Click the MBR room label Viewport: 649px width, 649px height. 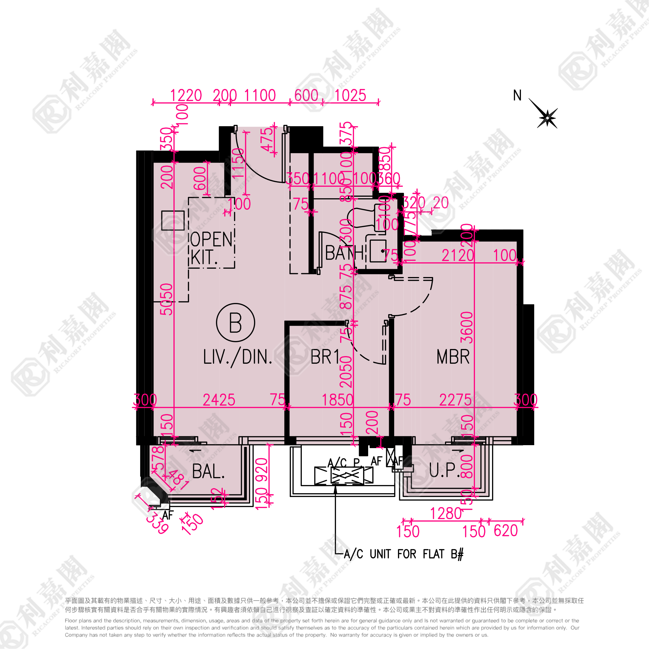click(x=453, y=357)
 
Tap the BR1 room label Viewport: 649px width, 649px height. click(x=325, y=357)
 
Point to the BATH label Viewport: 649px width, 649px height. click(x=344, y=253)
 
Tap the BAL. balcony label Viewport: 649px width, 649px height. click(x=208, y=472)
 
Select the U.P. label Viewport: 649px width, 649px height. click(x=442, y=470)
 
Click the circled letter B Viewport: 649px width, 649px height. click(x=235, y=323)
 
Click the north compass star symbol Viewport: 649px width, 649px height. click(x=547, y=118)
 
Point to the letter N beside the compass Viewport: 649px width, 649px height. click(x=517, y=96)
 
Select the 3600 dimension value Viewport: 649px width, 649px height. click(x=467, y=327)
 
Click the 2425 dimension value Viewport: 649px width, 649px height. click(x=219, y=400)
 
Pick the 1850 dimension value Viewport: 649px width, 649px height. click(x=337, y=400)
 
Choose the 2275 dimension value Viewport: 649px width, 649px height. click(x=455, y=400)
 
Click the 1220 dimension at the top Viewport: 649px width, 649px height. click(x=186, y=96)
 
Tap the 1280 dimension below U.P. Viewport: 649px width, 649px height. click(x=446, y=514)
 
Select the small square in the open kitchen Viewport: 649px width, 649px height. click(x=173, y=220)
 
